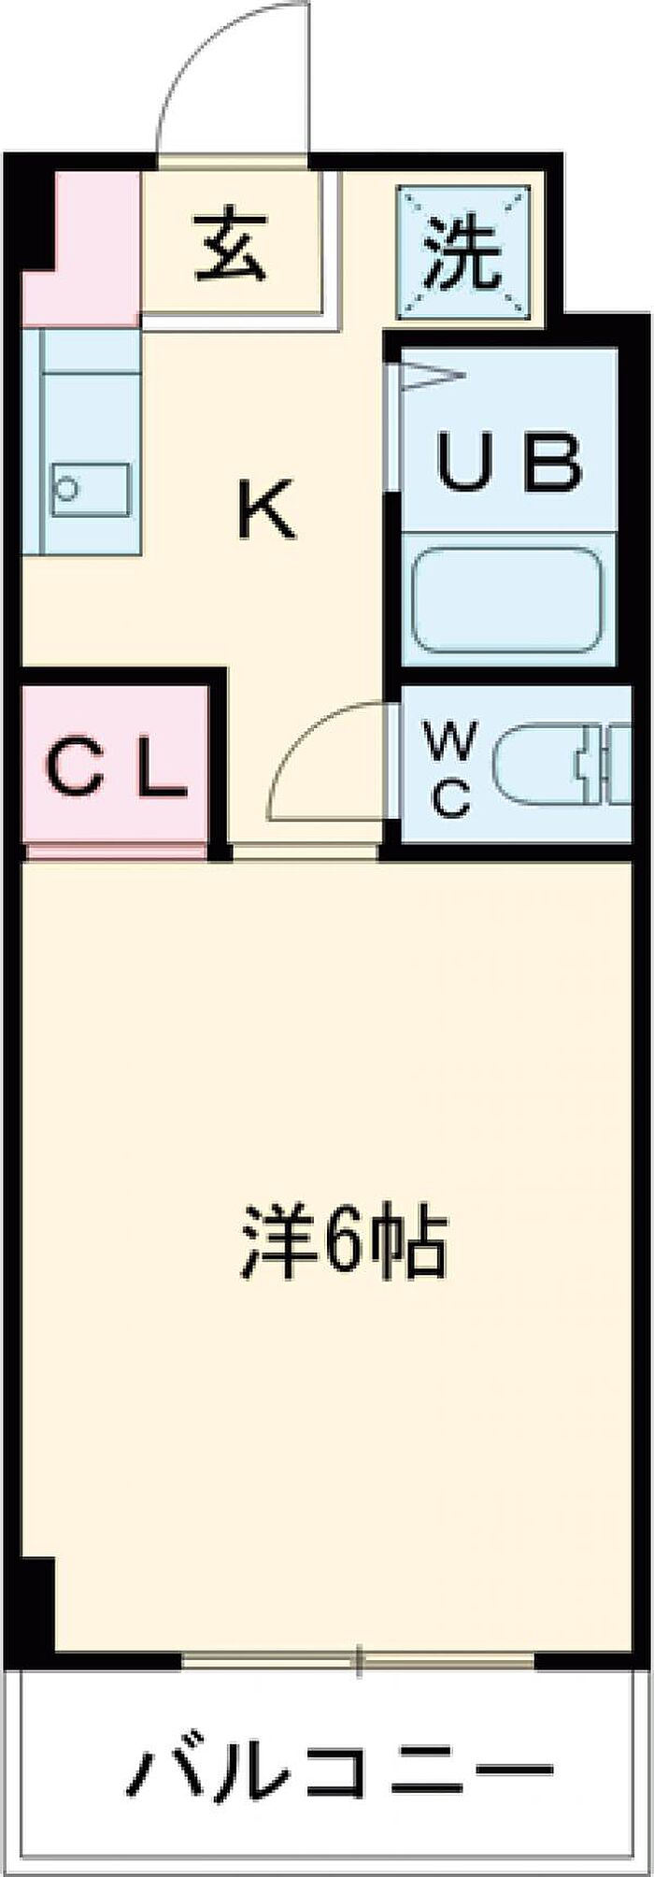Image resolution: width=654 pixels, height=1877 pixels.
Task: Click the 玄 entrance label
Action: pyautogui.click(x=230, y=249)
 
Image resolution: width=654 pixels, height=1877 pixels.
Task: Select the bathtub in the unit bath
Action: pyautogui.click(x=507, y=602)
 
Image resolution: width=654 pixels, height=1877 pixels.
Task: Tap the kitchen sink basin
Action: pyautogui.click(x=90, y=488)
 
